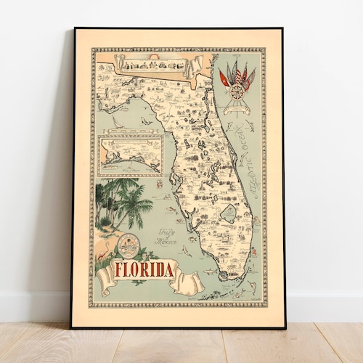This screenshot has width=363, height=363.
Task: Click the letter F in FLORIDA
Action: click(121, 270)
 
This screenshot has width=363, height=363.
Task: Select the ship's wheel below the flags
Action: click(237, 91)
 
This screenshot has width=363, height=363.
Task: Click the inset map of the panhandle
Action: click(131, 155)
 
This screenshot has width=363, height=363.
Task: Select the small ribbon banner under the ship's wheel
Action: click(237, 109)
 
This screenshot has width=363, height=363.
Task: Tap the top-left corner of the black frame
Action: click(75, 29)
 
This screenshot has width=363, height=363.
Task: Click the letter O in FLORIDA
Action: click(139, 270)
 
